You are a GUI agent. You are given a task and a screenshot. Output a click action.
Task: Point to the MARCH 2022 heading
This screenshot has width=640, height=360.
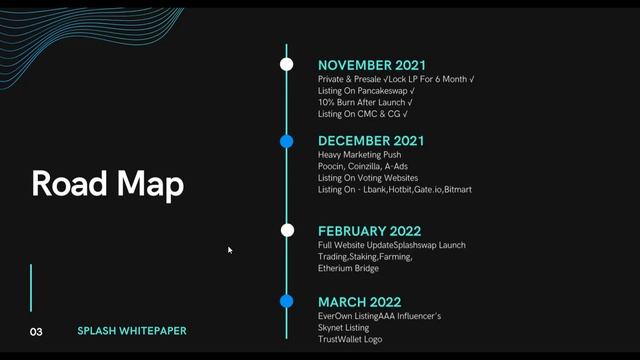click(359, 302)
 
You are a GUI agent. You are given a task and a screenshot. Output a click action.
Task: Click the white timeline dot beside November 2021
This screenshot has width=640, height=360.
click(287, 64)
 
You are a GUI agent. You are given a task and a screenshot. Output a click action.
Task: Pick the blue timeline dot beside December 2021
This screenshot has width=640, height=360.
click(287, 141)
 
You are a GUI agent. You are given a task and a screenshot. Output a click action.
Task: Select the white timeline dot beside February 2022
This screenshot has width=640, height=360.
click(287, 230)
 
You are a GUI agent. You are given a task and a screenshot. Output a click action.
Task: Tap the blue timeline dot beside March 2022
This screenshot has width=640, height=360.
click(287, 301)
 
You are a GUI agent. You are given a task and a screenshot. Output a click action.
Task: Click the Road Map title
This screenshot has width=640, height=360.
click(107, 184)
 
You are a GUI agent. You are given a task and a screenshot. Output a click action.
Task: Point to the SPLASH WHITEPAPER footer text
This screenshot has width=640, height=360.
click(132, 331)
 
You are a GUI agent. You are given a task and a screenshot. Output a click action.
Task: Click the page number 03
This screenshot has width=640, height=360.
click(36, 331)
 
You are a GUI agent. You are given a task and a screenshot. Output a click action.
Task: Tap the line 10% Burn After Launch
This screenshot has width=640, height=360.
click(365, 102)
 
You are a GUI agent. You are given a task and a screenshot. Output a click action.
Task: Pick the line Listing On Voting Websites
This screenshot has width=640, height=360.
click(368, 178)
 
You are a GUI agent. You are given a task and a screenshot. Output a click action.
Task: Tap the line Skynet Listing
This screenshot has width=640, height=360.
click(343, 328)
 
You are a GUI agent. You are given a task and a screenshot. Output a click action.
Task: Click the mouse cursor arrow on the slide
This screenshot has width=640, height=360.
click(230, 250)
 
